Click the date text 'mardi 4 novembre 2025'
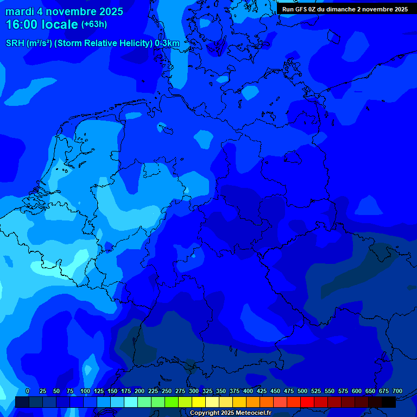click(x=64, y=11)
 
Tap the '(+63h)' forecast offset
click(x=94, y=24)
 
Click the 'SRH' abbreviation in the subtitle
click(x=15, y=43)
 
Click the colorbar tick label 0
click(x=28, y=391)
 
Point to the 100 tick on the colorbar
click(x=85, y=391)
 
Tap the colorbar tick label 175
click(x=126, y=391)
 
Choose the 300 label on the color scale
click(x=194, y=391)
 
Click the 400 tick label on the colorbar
click(x=248, y=391)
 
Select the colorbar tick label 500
click(x=302, y=391)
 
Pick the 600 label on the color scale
click(x=357, y=391)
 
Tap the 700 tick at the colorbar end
click(x=397, y=391)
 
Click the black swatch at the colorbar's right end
click(x=389, y=402)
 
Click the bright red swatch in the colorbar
click(x=307, y=402)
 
